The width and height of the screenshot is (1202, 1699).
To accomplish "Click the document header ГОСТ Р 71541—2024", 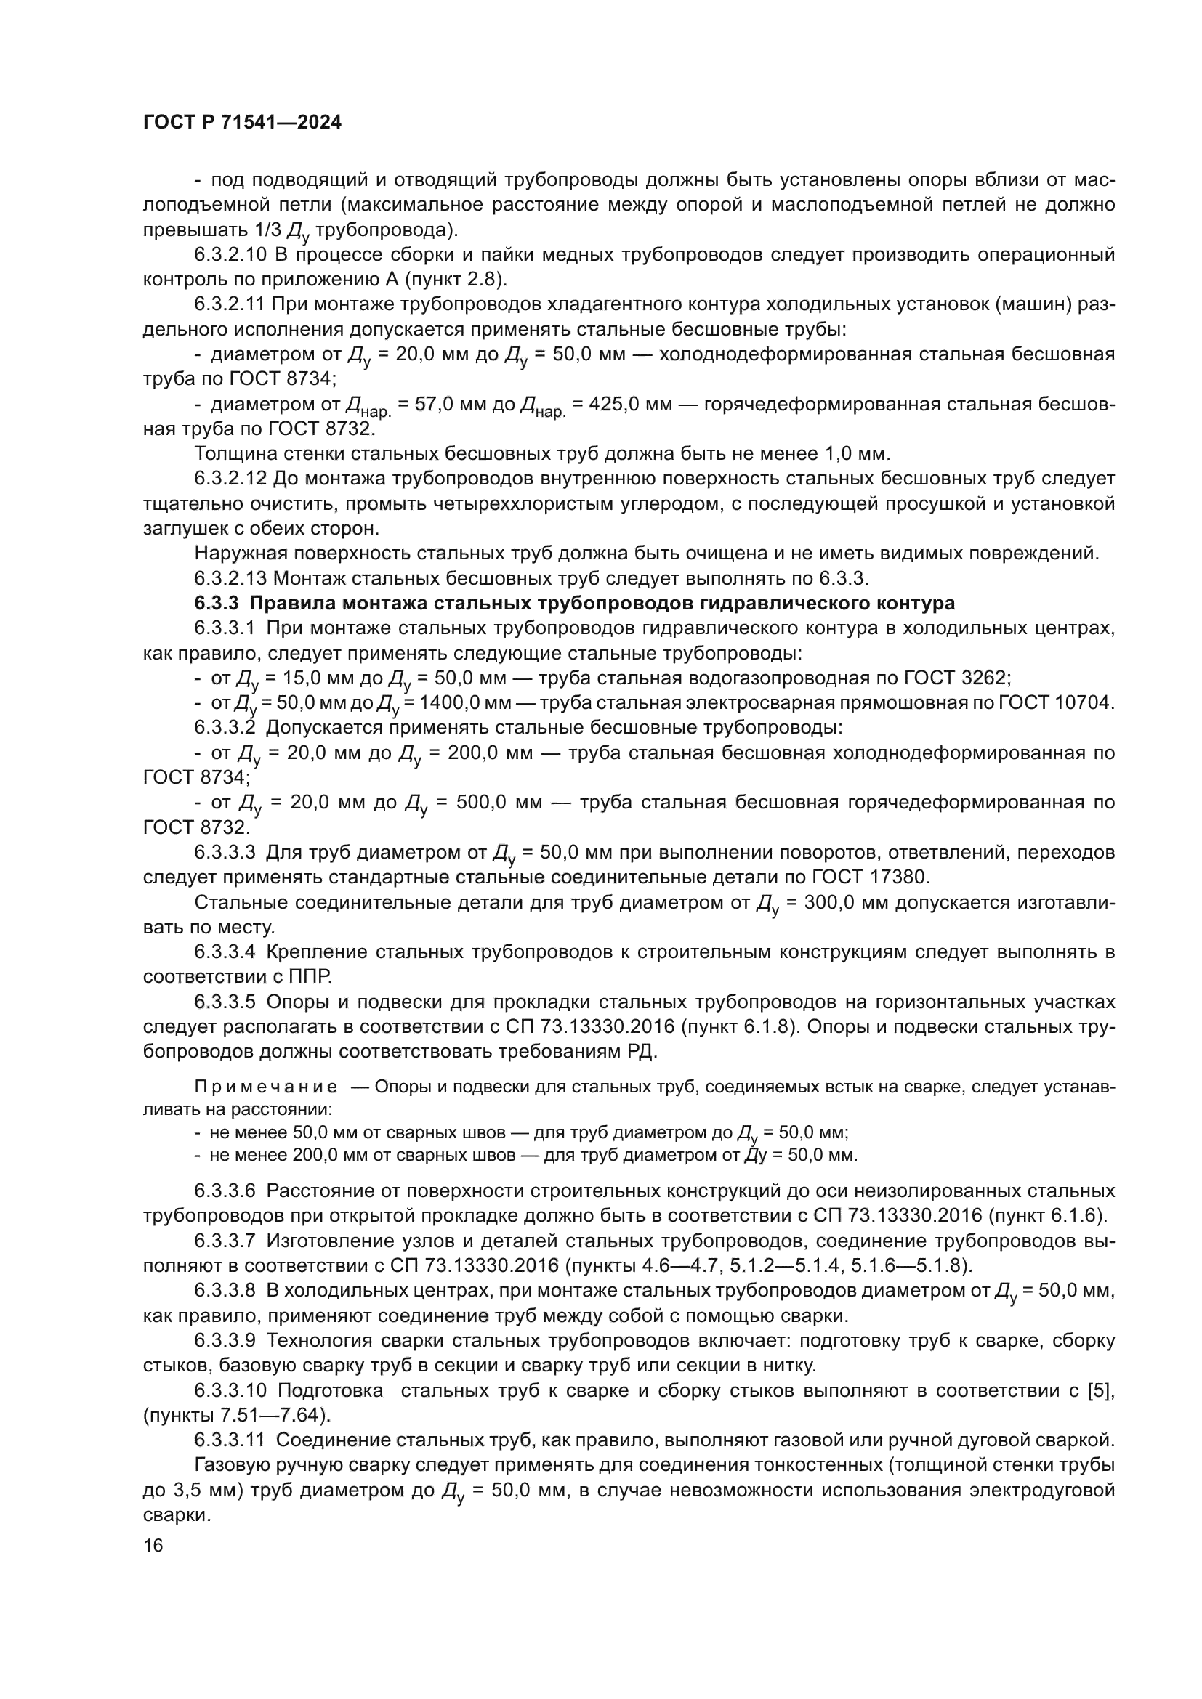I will pos(242,123).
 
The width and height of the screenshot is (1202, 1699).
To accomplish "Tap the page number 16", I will pos(153,1546).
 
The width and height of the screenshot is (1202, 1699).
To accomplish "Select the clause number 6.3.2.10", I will pos(230,255).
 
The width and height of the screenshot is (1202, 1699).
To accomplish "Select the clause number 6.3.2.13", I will pos(230,578).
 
